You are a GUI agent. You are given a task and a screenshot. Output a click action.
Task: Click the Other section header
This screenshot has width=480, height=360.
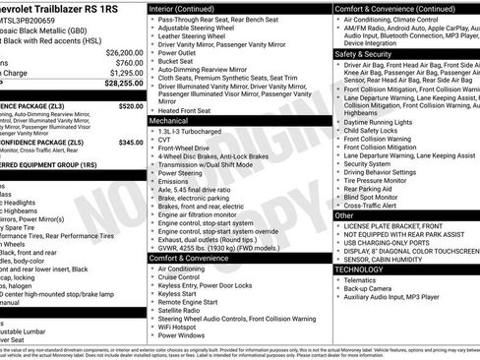tap(344, 214)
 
